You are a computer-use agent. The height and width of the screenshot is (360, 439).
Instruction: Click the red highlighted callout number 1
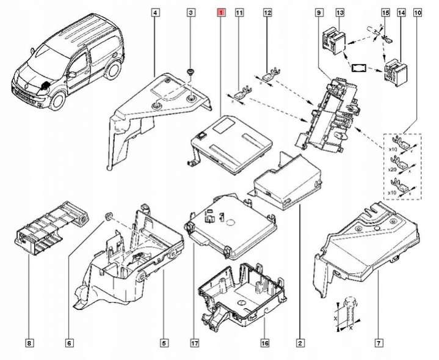(x=220, y=12)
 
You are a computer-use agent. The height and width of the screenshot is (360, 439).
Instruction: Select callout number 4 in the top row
(x=156, y=12)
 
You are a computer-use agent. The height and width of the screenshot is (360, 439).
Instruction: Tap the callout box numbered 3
(x=190, y=12)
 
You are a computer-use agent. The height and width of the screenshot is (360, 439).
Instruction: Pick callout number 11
(x=239, y=12)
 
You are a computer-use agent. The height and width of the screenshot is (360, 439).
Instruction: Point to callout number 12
(x=267, y=12)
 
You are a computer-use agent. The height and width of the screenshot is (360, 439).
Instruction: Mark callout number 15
(x=385, y=12)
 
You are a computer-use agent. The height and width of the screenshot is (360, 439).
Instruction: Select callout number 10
(x=417, y=12)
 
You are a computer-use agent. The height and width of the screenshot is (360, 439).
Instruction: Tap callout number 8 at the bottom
(x=31, y=342)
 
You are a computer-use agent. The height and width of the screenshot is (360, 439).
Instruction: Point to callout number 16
(x=264, y=342)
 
